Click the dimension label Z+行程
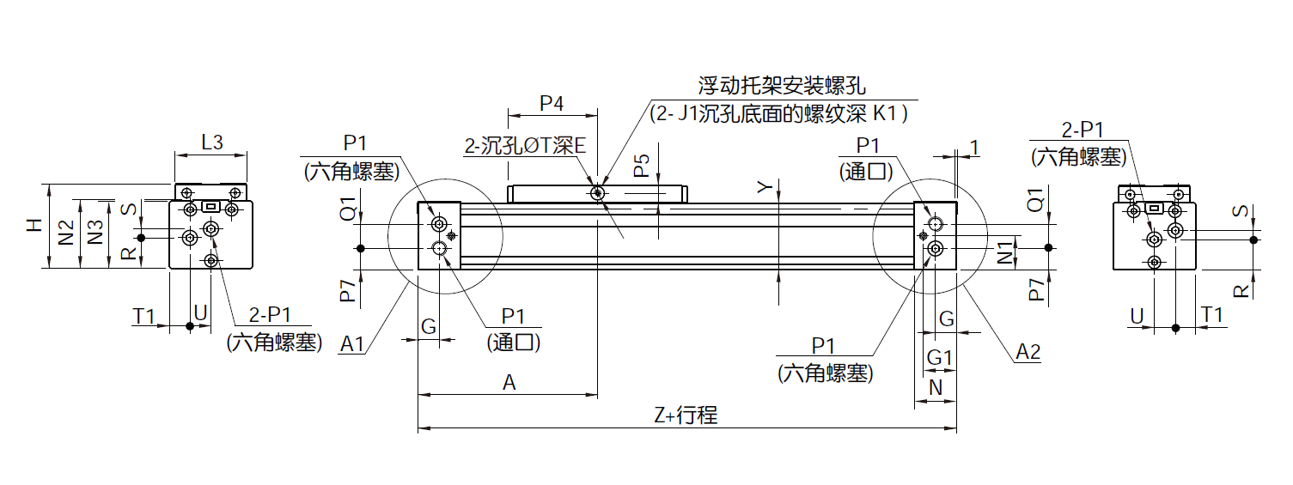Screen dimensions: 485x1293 click(685, 416)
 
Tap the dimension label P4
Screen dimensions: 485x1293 click(552, 104)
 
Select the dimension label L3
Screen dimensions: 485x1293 click(211, 142)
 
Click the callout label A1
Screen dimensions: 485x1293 click(352, 345)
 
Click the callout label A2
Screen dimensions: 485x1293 click(1028, 351)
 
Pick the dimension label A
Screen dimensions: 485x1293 click(509, 384)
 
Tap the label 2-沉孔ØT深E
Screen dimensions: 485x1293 click(524, 146)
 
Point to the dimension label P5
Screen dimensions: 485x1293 click(641, 166)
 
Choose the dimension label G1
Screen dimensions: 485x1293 click(939, 357)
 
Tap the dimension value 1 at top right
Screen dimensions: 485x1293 click(974, 148)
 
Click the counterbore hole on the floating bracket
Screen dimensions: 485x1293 click(597, 194)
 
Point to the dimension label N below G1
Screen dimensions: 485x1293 click(936, 387)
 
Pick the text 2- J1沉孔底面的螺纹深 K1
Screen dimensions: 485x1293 click(778, 112)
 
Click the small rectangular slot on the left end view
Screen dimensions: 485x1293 click(211, 206)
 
